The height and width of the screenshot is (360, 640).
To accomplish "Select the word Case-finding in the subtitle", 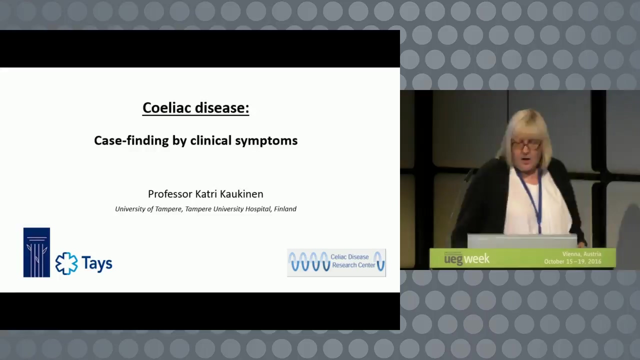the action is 131,140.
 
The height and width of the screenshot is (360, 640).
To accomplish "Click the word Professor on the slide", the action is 170,194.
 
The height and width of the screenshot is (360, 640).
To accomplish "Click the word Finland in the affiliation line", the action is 285,209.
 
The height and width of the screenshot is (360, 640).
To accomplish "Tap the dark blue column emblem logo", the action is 36,252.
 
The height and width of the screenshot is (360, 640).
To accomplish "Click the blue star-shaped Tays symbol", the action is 66,263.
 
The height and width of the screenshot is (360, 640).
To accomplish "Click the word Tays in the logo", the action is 97,263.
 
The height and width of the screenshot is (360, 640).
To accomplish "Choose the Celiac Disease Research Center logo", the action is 336,262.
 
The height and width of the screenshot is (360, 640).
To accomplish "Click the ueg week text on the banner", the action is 466,259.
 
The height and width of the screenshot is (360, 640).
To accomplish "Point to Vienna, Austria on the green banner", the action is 581,254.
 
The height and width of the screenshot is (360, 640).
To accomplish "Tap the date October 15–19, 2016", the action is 572,261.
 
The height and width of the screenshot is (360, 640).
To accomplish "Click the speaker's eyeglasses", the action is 525,145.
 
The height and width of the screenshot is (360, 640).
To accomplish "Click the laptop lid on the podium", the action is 522,241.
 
